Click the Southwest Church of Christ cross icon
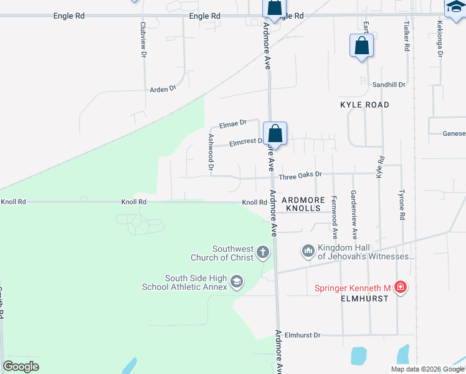coord(263,252)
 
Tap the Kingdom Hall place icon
coord(308,251)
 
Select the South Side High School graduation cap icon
coord(236,282)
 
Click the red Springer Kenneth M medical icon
coord(400,287)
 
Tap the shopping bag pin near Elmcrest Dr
coord(275,134)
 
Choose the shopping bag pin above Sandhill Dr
coord(361,47)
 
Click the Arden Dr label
coord(163,89)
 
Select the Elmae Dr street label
coord(233,123)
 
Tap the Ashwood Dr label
coord(211,153)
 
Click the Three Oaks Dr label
coord(300,176)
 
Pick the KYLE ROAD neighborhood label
coord(364,105)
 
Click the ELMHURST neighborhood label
coord(364,299)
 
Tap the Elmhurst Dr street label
coord(302,335)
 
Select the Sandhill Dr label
coord(389,84)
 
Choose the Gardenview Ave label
coord(353,215)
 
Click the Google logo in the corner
coord(21,367)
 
